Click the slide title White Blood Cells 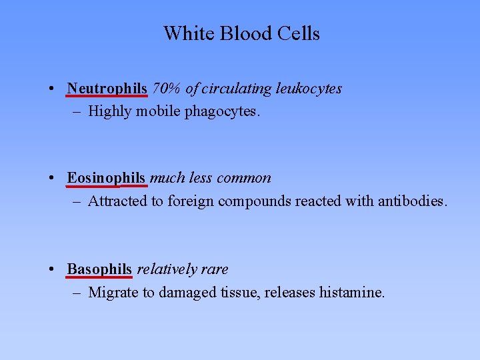(x=241, y=33)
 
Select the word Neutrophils (x=107, y=88)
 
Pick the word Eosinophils (x=106, y=178)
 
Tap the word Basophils (x=99, y=269)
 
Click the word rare (x=214, y=269)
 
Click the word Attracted (x=117, y=201)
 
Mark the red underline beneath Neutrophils (x=107, y=96)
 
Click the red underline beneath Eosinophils (x=106, y=185)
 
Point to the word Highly (x=110, y=111)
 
